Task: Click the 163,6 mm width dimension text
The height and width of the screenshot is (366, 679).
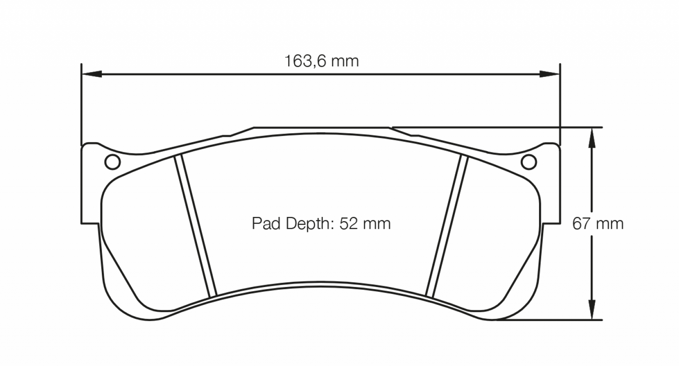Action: pos(321,61)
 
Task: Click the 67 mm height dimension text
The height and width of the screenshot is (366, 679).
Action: pos(598,223)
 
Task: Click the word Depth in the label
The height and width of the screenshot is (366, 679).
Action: pos(305,223)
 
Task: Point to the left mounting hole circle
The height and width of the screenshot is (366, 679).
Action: pos(113,162)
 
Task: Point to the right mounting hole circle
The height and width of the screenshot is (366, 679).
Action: pos(529,162)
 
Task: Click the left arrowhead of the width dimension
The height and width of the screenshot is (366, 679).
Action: pos(92,74)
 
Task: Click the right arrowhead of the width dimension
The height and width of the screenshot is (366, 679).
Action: pos(549,74)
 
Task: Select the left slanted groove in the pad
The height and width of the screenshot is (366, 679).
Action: pos(195,227)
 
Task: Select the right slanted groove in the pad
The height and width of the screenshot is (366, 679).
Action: pos(446,227)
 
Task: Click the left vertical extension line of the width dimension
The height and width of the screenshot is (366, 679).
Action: pos(82,103)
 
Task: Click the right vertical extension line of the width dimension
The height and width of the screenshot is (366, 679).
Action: pos(560,103)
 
